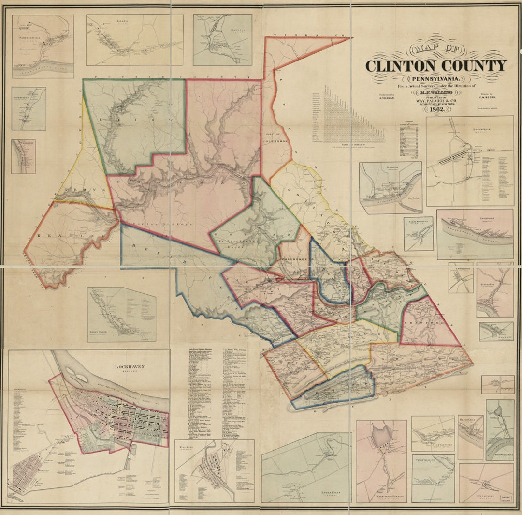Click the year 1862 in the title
(x=435, y=108)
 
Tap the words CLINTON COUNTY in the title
(x=435, y=66)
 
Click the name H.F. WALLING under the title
(x=435, y=92)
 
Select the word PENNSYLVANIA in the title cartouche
(x=435, y=79)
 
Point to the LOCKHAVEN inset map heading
(x=130, y=367)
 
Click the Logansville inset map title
(x=469, y=129)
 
